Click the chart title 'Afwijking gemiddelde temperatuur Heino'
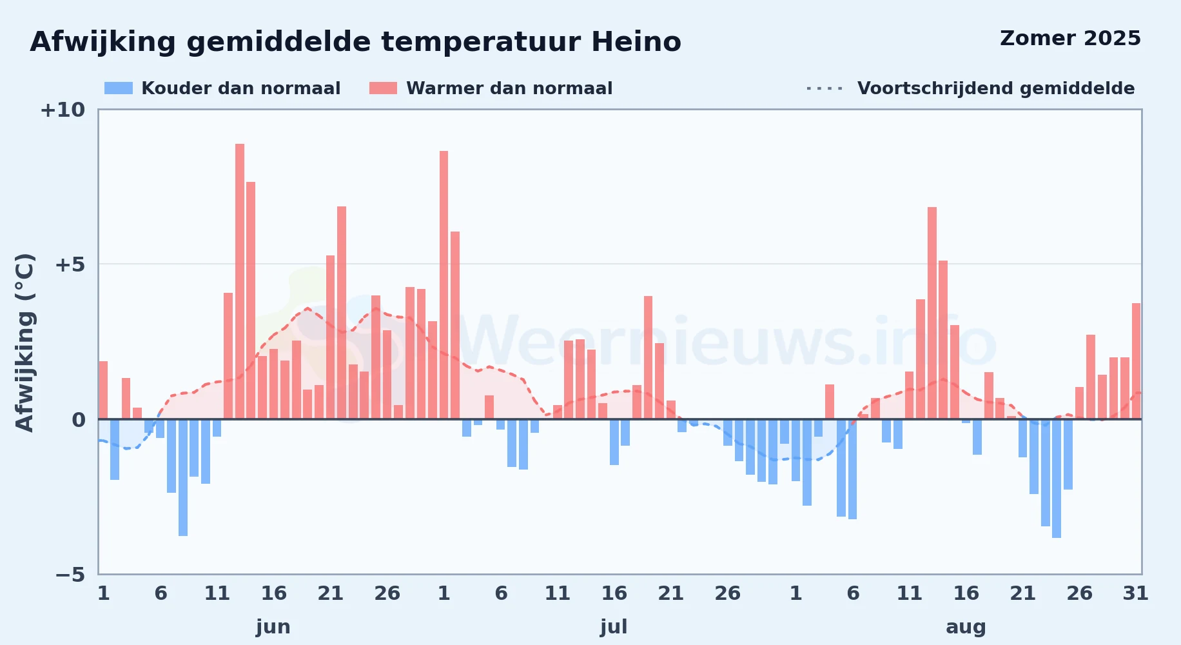click(x=355, y=42)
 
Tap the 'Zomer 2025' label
click(x=1070, y=39)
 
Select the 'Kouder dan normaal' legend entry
click(x=222, y=88)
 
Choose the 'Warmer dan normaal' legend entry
click(x=491, y=88)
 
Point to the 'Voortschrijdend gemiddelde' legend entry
click(x=970, y=88)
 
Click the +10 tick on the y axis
click(x=63, y=110)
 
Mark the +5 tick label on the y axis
click(x=70, y=264)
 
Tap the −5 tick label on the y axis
click(x=70, y=574)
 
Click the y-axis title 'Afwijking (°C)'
click(x=24, y=342)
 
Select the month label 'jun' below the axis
click(x=273, y=627)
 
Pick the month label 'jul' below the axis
click(x=614, y=627)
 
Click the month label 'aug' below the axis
click(x=966, y=627)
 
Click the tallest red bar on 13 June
click(x=240, y=281)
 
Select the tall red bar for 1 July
click(x=444, y=285)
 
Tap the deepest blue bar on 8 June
click(x=183, y=477)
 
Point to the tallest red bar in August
click(x=932, y=313)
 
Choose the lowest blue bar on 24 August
click(x=1057, y=479)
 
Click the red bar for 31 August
click(x=1137, y=361)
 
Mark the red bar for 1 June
click(x=103, y=390)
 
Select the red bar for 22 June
click(x=342, y=313)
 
